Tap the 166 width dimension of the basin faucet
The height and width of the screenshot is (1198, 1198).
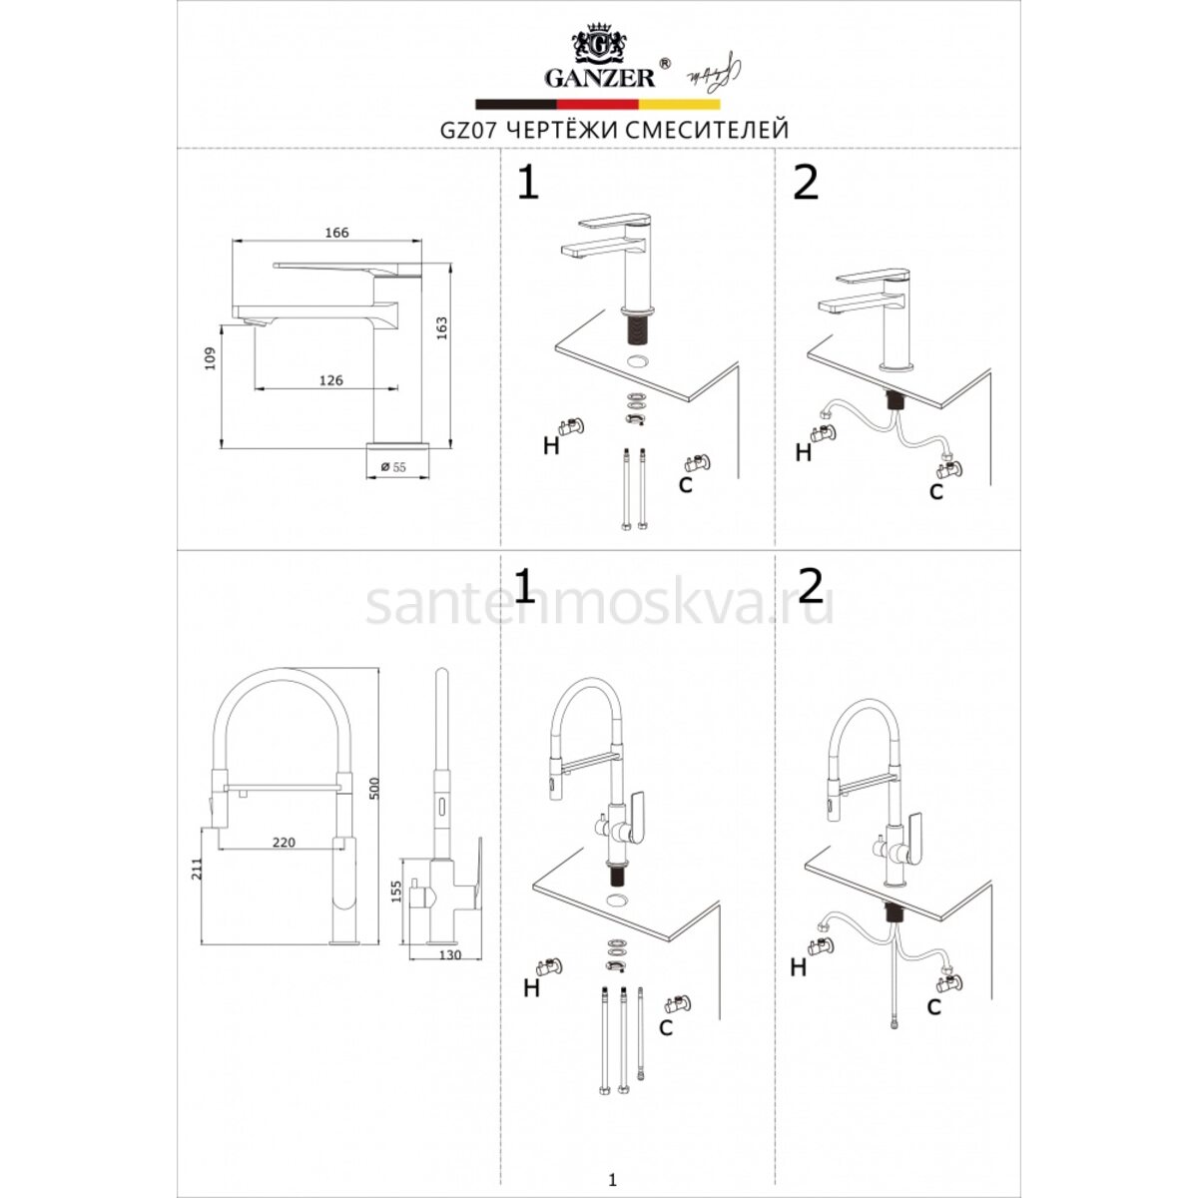(337, 233)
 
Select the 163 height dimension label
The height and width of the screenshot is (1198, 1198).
(441, 328)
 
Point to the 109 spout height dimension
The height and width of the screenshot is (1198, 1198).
(210, 358)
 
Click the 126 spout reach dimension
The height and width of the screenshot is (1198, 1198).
(330, 380)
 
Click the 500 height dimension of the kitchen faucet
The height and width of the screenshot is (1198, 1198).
(373, 789)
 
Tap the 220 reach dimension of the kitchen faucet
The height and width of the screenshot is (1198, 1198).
(285, 843)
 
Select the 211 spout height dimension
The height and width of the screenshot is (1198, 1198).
(197, 869)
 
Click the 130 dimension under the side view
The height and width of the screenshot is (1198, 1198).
(450, 955)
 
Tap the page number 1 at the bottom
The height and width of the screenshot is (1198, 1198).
(613, 1163)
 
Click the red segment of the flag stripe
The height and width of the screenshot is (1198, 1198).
(597, 105)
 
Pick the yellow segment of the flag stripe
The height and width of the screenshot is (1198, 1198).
(680, 105)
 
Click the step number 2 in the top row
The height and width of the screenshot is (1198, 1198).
(807, 183)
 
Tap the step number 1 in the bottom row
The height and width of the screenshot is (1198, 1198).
(525, 586)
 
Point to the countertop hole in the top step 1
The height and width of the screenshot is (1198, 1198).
(638, 360)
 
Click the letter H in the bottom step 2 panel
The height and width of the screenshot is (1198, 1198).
(799, 967)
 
